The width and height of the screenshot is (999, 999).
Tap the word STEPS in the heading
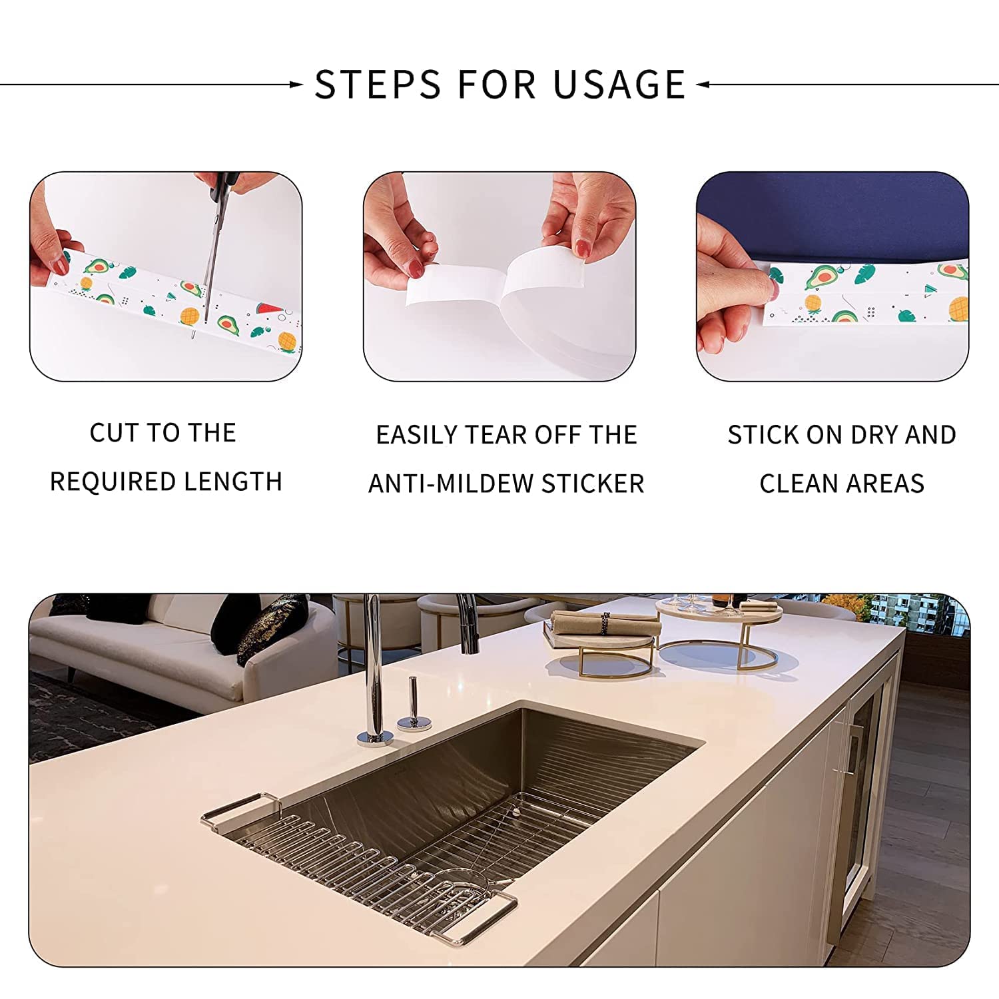pos(378,85)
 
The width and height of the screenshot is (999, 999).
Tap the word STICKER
pos(593,484)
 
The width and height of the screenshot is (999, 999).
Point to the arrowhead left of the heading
pos(296,85)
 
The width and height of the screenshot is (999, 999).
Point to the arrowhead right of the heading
pos(703,85)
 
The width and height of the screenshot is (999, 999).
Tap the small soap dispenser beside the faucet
pos(412,706)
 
